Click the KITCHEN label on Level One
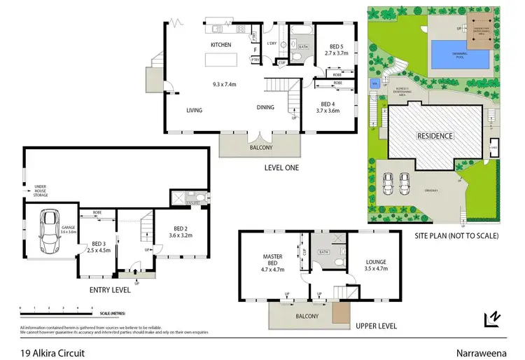[221, 45]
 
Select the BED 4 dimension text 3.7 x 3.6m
[328, 110]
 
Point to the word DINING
[265, 107]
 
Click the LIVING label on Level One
[195, 110]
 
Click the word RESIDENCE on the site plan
[435, 136]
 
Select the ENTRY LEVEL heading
[108, 289]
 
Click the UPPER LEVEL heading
[377, 326]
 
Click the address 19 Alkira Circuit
[52, 353]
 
